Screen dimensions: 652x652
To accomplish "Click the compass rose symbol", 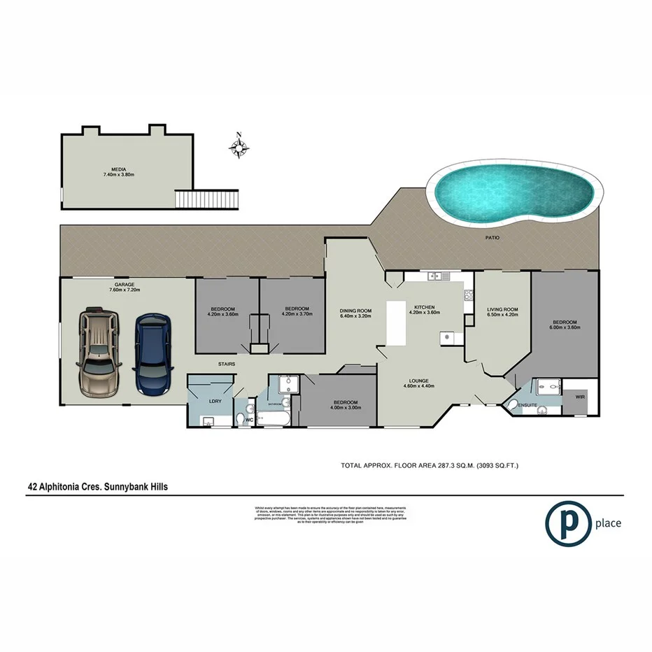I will click(239, 146).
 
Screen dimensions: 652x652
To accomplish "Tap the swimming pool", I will click(518, 192).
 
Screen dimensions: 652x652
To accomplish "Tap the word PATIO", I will click(493, 239).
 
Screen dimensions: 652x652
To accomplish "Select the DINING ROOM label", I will click(355, 311).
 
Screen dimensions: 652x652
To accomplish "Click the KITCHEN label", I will click(425, 307).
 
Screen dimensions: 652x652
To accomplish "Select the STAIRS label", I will click(226, 364).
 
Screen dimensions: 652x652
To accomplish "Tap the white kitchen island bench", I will click(397, 323).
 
